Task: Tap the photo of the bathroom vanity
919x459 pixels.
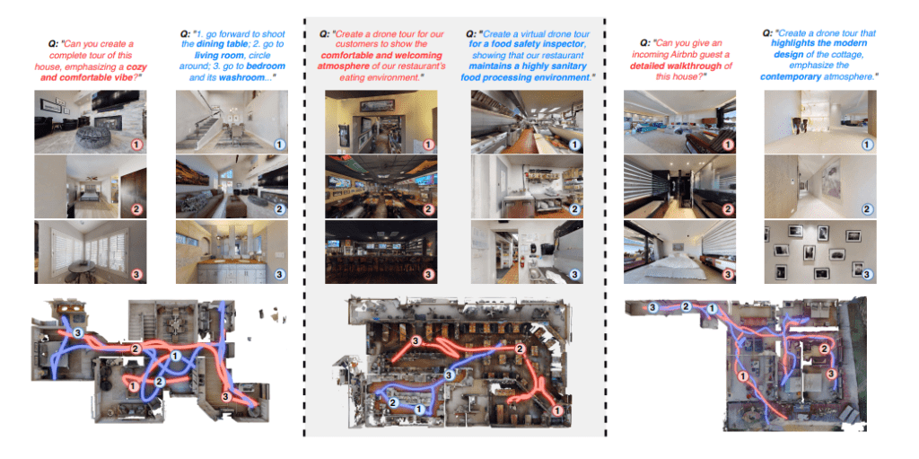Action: [232, 252]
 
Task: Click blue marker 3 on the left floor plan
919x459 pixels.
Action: [79, 333]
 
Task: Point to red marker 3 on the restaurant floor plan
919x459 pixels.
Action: [416, 341]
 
